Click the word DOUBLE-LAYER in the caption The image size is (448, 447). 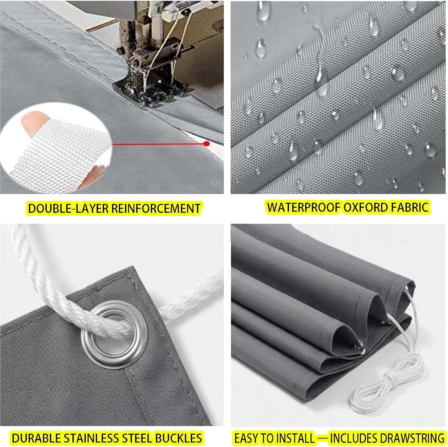[x=68, y=208]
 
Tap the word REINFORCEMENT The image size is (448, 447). [x=156, y=208]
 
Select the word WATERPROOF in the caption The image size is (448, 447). [x=304, y=207]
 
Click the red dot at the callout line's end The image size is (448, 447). [x=206, y=144]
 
